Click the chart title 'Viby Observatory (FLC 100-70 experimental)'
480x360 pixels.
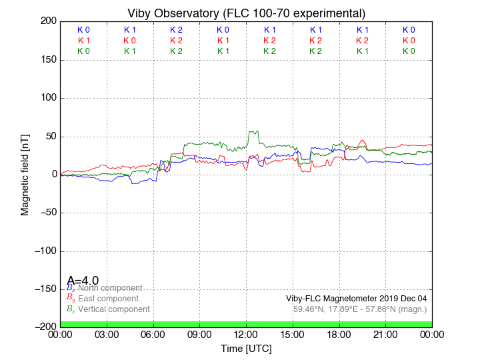coord(246,13)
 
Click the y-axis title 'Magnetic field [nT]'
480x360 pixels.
coord(25,173)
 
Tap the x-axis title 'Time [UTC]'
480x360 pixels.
coord(246,348)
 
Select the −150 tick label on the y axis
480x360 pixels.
coord(45,289)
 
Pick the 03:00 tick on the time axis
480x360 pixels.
coord(107,334)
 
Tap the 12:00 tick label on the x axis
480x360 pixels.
coord(246,334)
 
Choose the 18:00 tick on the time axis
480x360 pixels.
coord(339,334)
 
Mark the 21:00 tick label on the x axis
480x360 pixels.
coord(385,334)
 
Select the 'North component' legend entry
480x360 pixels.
coord(110,288)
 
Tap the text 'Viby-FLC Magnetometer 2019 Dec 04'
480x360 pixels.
coord(356,299)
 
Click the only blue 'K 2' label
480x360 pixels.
coord(176,30)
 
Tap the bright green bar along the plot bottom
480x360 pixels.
coord(246,324)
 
